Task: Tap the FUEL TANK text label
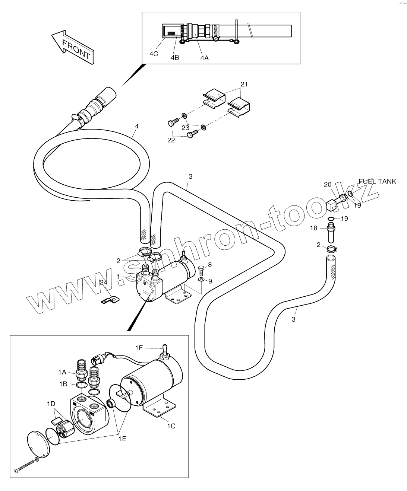[x=377, y=182]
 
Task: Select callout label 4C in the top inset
[x=154, y=54]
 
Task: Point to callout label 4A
[x=204, y=58]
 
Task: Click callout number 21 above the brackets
[x=244, y=85]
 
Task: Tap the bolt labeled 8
[x=201, y=268]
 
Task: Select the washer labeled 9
[x=201, y=279]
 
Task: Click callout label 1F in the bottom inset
[x=139, y=348]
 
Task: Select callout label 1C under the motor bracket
[x=171, y=426]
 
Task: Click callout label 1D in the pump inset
[x=51, y=404]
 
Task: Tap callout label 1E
[x=122, y=439]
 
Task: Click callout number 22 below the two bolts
[x=171, y=140]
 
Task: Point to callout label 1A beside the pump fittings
[x=62, y=372]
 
